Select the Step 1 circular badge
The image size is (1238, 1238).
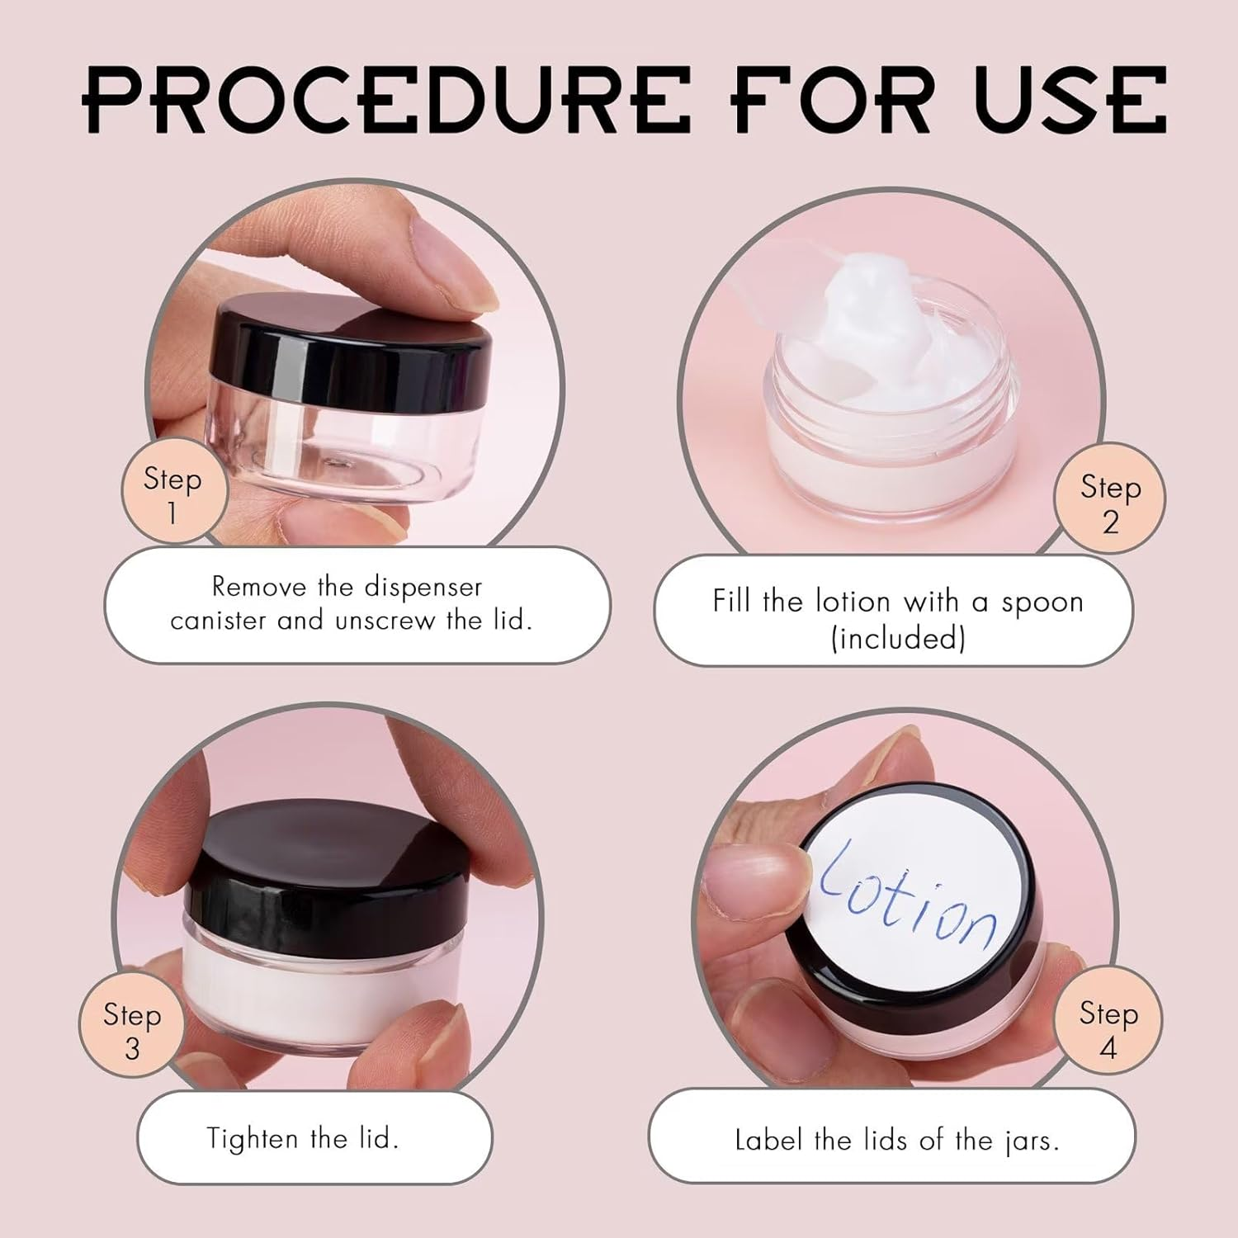click(x=172, y=494)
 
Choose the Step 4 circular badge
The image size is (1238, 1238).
click(x=1108, y=1028)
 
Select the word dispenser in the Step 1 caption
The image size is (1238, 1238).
click(x=423, y=587)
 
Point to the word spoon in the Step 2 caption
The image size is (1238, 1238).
click(x=1042, y=602)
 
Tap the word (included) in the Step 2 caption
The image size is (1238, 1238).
click(x=898, y=638)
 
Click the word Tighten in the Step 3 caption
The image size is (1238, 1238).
click(x=252, y=1139)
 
